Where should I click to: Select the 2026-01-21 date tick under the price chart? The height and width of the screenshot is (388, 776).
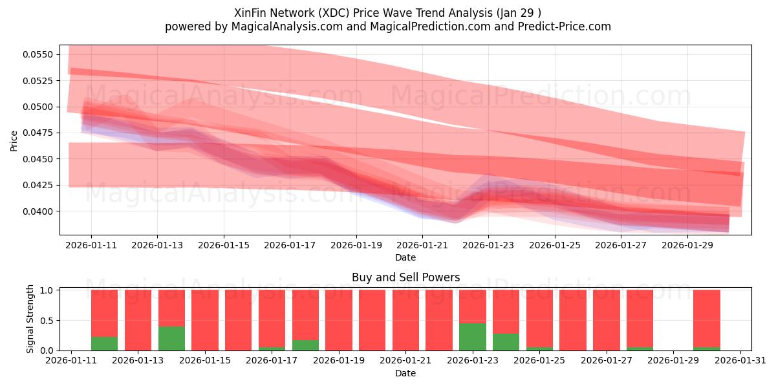click(x=422, y=245)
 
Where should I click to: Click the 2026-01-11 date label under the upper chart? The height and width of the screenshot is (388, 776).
click(x=91, y=245)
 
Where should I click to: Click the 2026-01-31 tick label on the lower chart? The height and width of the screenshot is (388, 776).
click(x=740, y=360)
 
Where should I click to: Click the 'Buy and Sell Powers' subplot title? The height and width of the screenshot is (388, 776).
click(x=405, y=277)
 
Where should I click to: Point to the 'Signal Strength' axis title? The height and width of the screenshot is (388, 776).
click(x=30, y=319)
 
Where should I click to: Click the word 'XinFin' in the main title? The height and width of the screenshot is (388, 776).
click(x=250, y=12)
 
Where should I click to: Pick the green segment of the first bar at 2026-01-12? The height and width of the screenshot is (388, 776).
click(x=105, y=344)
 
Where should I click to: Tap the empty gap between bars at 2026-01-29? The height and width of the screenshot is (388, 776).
click(x=673, y=320)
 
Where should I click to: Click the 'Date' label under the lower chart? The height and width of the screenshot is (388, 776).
click(x=405, y=373)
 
